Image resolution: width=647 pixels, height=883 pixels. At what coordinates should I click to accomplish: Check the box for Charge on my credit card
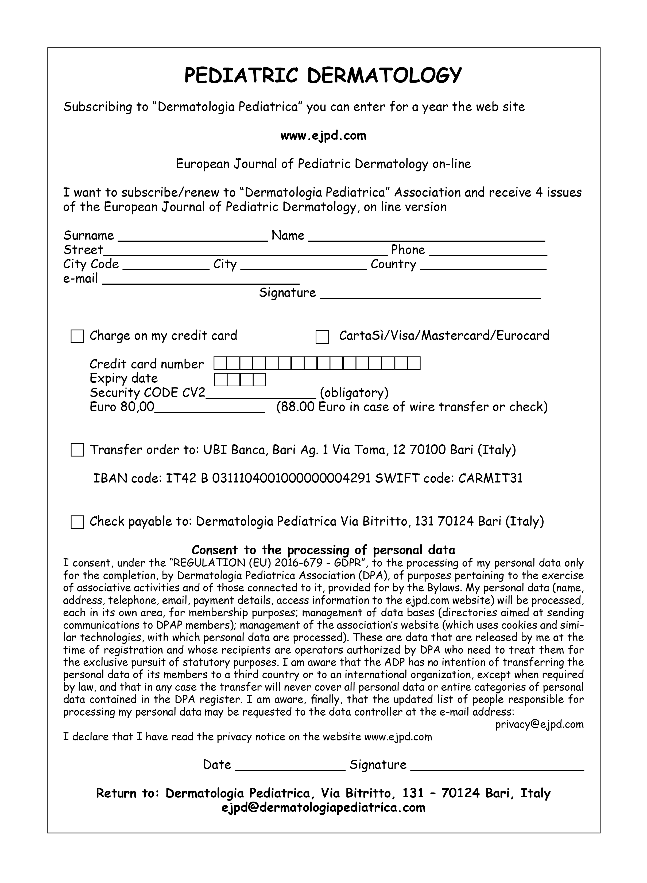pos(77,336)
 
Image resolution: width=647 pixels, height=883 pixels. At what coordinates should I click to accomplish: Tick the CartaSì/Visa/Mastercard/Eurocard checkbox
pos(322,337)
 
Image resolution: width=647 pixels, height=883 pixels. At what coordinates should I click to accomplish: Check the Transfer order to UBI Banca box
pos(77,450)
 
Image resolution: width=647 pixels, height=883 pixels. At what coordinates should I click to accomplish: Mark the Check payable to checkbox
pos(77,522)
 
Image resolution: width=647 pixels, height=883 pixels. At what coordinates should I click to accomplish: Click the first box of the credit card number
pos(220,364)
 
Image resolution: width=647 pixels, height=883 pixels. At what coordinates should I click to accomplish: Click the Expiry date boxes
pos(240,379)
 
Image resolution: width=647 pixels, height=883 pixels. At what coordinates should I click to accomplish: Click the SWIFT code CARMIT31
pos(490,478)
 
